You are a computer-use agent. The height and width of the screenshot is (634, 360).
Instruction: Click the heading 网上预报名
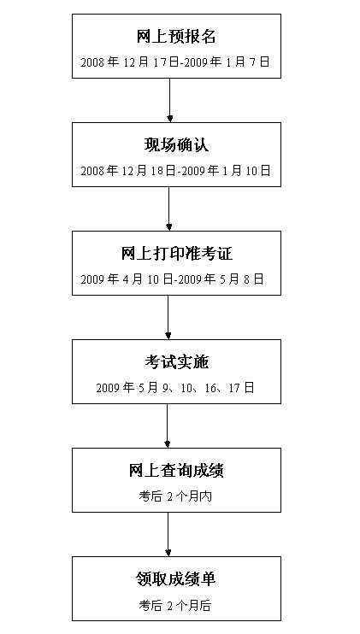176,37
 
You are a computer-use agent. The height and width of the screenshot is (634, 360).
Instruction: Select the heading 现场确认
176,146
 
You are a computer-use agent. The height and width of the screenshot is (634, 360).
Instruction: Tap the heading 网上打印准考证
176,255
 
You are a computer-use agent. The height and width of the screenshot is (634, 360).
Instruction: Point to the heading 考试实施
176,363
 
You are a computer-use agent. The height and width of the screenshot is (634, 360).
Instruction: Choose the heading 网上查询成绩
176,471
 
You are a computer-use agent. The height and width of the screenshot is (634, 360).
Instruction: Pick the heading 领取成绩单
176,579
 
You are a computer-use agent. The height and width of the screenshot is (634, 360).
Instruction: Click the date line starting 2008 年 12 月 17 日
175,62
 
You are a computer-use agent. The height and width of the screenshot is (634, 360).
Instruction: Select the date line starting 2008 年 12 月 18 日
175,171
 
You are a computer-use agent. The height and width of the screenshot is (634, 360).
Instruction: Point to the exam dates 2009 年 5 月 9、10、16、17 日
175,388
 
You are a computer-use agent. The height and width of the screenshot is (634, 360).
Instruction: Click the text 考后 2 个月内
175,496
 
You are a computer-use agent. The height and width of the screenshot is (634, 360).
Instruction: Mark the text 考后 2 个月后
175,604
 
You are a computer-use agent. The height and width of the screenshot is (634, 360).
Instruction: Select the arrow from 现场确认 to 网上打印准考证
169,208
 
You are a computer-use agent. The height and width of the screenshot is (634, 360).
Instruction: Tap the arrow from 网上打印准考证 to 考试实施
168,317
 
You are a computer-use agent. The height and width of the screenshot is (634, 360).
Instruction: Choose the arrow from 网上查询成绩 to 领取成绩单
168,534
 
